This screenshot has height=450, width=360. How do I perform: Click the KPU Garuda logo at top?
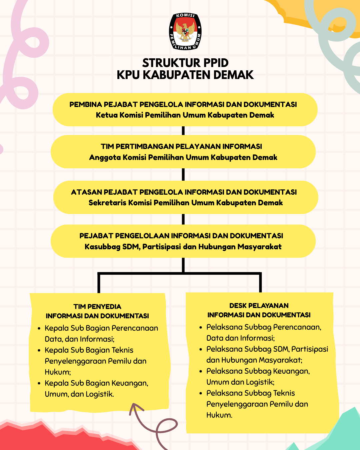185,32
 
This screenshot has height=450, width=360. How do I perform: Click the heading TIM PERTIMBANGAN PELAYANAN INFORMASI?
181,147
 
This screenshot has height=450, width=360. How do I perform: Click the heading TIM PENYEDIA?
97,307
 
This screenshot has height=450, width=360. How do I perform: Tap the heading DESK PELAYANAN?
259,306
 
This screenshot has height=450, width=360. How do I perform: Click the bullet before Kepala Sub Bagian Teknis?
39,351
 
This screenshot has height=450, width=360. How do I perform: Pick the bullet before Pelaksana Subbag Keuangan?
201,371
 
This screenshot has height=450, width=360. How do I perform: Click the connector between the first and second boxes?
183,131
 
